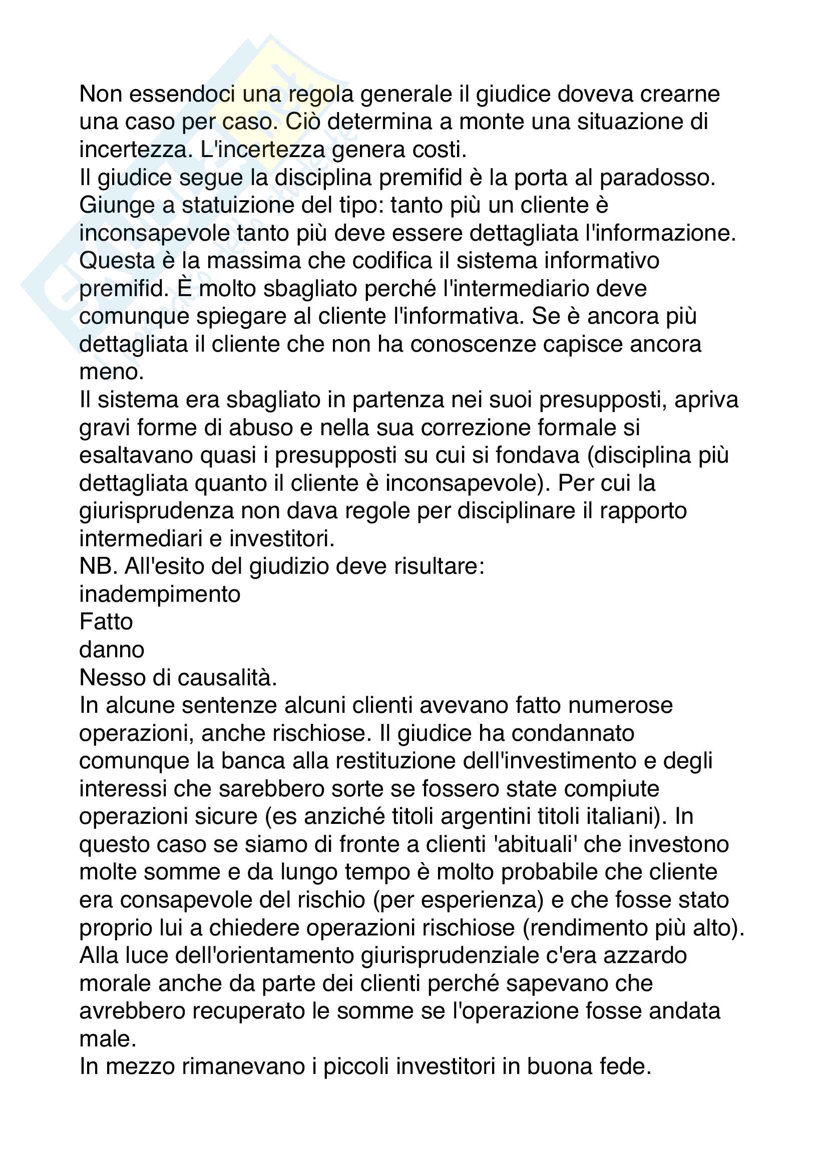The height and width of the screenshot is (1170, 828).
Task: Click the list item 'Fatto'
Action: (x=106, y=622)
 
